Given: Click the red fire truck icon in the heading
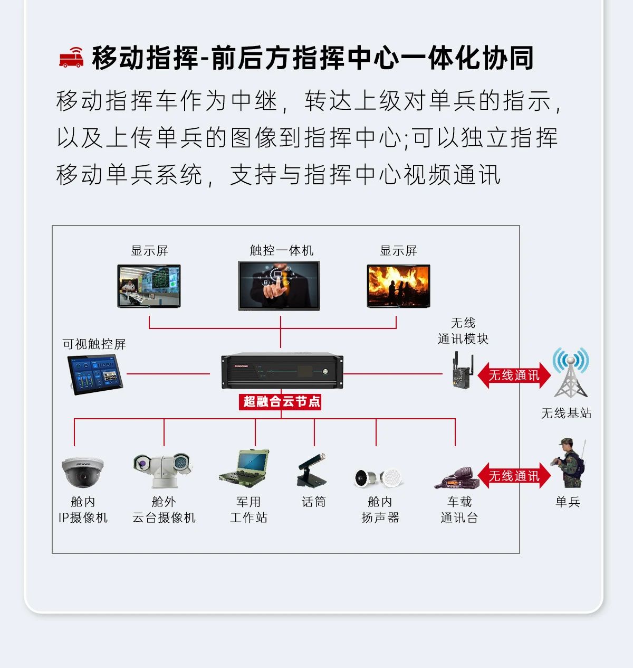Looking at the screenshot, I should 71,58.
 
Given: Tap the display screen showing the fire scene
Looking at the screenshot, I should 398,286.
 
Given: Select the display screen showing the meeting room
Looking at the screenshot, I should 149,286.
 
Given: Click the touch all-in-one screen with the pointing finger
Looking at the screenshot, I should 279,285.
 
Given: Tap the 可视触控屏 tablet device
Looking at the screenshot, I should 95,374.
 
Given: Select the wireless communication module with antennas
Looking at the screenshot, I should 462,372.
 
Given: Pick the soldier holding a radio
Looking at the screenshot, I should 570,464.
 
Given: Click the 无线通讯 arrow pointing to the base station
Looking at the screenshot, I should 514,375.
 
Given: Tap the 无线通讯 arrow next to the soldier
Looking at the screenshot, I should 514,476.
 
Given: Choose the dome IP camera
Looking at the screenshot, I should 82,471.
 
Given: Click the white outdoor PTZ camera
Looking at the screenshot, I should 163,469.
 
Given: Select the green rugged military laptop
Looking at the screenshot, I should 245,468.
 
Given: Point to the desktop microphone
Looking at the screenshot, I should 312,469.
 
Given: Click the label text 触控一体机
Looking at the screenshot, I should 281,250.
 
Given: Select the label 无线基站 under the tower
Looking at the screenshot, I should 566,413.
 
